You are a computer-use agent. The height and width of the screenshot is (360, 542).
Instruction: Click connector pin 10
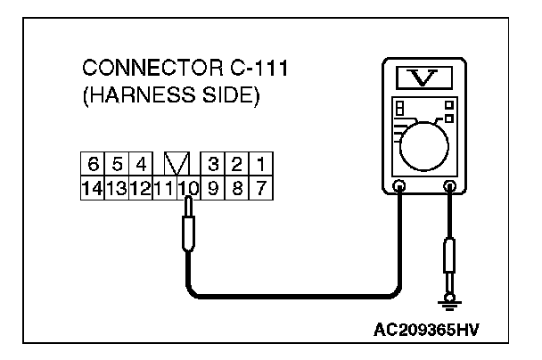187,188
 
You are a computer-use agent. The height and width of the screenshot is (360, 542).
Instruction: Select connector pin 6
93,165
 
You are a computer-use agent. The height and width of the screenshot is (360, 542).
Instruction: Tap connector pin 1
260,165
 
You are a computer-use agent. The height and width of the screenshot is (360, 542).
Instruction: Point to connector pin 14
91,188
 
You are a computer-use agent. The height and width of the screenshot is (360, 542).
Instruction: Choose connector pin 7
260,188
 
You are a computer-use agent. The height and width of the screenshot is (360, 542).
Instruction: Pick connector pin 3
213,165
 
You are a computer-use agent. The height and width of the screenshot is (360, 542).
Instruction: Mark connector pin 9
213,188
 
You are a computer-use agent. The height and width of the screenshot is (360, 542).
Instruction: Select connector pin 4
140,165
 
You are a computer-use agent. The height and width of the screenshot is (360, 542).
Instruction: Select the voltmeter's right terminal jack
450,188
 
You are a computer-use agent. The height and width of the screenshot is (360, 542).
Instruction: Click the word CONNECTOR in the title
138,70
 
